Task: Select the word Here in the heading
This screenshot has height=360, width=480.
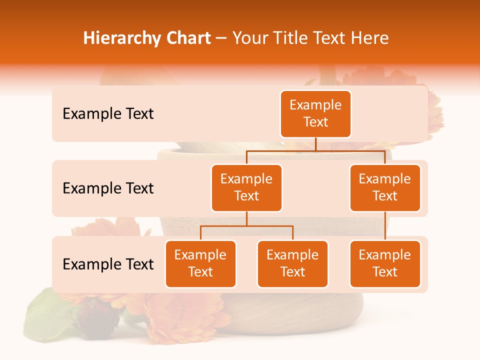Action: coord(371,38)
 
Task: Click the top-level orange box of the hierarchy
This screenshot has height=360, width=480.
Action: coord(315,113)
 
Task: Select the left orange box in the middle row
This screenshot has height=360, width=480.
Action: coord(246,187)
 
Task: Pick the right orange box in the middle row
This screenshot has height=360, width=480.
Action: coord(385,187)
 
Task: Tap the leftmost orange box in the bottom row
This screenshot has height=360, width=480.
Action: coord(200,263)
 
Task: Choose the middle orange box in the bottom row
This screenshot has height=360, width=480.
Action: coord(292,263)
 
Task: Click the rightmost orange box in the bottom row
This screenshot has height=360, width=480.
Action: coord(385,263)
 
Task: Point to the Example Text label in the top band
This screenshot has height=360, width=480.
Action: coord(108,114)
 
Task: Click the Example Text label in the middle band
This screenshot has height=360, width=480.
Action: coord(108,188)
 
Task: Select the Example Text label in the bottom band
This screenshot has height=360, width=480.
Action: coord(108,264)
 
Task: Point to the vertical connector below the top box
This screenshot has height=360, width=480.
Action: coord(315,144)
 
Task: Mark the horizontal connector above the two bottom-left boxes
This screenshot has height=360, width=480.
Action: coord(246,226)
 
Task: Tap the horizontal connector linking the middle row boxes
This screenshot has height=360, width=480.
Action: coord(315,150)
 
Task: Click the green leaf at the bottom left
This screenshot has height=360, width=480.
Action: coord(47,315)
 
